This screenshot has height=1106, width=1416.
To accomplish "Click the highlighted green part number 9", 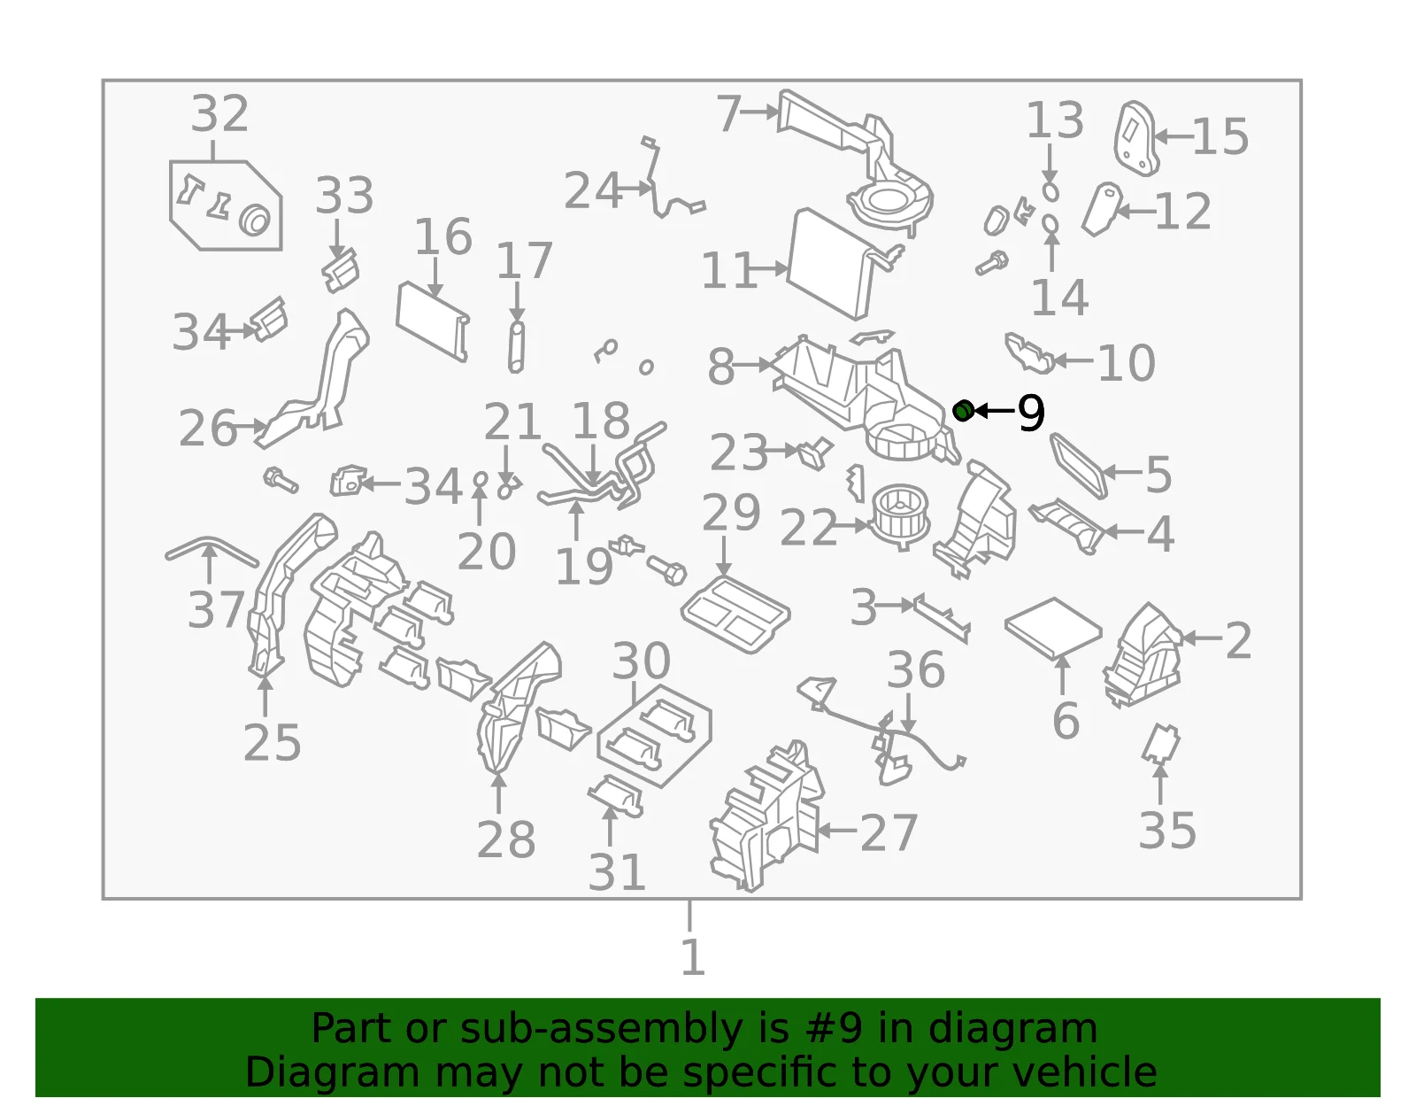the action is (x=963, y=411).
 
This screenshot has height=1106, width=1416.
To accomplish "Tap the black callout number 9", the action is (x=1031, y=412).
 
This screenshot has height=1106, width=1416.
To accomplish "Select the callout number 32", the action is (x=219, y=113).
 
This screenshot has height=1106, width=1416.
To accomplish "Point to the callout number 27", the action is (x=889, y=833).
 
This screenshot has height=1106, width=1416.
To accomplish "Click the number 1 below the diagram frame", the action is (x=692, y=956).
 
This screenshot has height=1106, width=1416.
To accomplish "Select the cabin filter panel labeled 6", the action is (x=1053, y=626).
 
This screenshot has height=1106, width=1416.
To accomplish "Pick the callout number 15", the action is (x=1220, y=136).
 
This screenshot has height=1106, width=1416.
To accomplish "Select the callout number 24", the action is (x=592, y=190).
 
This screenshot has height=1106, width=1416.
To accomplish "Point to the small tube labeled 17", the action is (x=516, y=347).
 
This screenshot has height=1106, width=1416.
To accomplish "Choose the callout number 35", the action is (x=1167, y=831).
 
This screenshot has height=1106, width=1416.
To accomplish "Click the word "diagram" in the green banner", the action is (x=1012, y=1028).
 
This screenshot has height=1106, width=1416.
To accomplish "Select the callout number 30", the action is (x=642, y=661).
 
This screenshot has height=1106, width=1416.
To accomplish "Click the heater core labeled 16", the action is (x=433, y=321).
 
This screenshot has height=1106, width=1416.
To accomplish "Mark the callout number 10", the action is (x=1127, y=362).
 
